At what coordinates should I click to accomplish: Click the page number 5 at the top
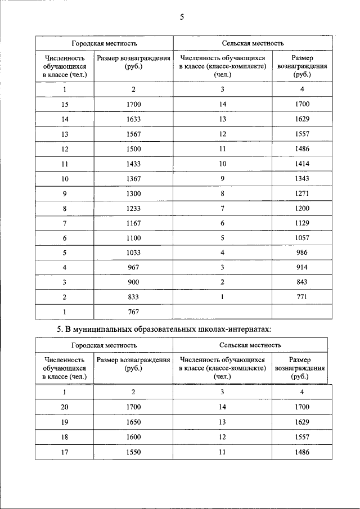tap(182, 17)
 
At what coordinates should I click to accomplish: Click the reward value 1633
tap(133, 119)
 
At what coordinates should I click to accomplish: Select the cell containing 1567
tap(133, 134)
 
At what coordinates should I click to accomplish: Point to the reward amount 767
tap(133, 311)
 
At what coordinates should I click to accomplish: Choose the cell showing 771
tap(302, 296)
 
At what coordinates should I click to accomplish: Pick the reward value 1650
tap(133, 422)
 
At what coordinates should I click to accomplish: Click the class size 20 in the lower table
tap(64, 407)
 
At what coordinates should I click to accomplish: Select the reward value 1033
tap(133, 252)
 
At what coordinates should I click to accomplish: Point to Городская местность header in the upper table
tap(104, 43)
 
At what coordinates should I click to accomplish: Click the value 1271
tap(302, 193)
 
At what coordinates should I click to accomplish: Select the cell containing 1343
tap(302, 178)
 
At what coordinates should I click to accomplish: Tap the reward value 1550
tap(133, 452)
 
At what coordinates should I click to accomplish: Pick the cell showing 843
tap(302, 282)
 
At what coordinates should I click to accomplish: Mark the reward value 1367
tap(133, 178)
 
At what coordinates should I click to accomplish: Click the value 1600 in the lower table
tap(133, 437)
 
